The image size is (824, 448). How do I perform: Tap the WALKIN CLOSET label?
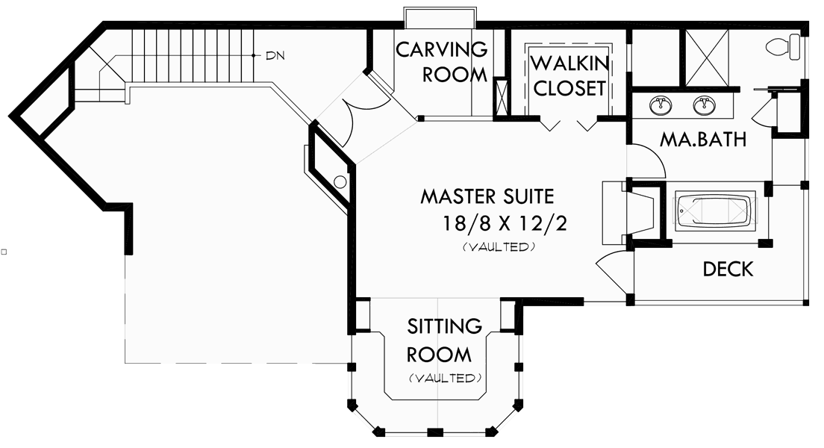pyautogui.click(x=569, y=75)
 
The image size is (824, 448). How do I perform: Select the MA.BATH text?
pyautogui.click(x=702, y=140)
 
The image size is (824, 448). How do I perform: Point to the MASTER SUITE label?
pyautogui.click(x=487, y=197)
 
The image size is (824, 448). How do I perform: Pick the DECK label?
pyautogui.click(x=728, y=269)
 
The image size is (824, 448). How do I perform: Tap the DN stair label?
pyautogui.click(x=275, y=55)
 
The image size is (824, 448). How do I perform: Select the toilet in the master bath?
pyautogui.click(x=782, y=46)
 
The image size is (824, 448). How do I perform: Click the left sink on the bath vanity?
pyautogui.click(x=660, y=105)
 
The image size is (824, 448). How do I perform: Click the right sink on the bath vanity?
pyautogui.click(x=704, y=105)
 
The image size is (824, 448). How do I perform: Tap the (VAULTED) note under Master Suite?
pyautogui.click(x=499, y=247)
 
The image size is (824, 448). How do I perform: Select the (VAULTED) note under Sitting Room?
pyautogui.click(x=445, y=378)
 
